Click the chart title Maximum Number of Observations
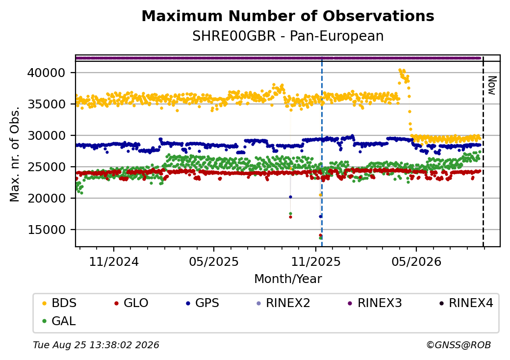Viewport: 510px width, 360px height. click(288, 16)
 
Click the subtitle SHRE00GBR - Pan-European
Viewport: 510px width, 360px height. click(288, 36)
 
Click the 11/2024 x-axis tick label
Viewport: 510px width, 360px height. click(114, 262)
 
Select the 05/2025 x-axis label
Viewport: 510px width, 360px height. click(214, 262)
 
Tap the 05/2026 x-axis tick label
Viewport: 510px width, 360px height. click(416, 262)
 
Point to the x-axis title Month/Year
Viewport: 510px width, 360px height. click(288, 279)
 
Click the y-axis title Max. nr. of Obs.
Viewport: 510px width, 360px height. click(15, 154)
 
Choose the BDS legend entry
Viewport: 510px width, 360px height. click(59, 303)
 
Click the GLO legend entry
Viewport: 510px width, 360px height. click(131, 303)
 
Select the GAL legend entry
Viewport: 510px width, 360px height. click(59, 321)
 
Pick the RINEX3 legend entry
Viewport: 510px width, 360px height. click(375, 303)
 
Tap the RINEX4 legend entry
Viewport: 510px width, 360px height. click(466, 303)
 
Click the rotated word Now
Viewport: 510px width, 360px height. click(492, 85)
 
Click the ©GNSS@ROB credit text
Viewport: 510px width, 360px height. click(459, 345)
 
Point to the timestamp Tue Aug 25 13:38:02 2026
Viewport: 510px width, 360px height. click(96, 345)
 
